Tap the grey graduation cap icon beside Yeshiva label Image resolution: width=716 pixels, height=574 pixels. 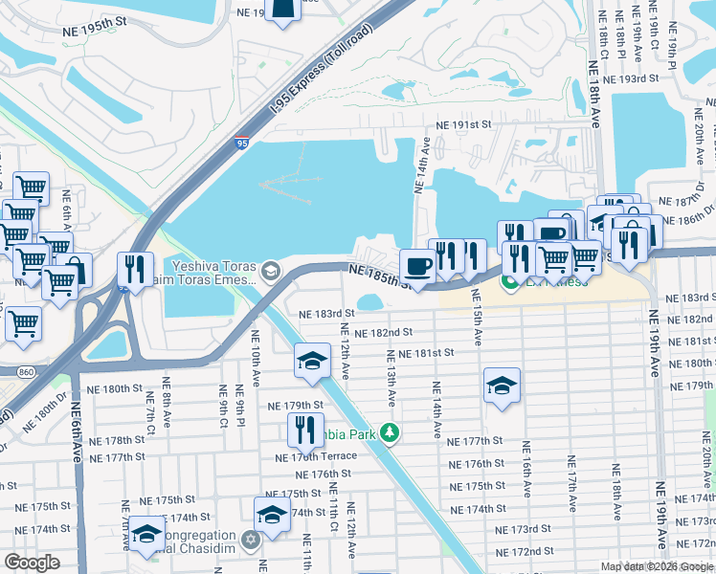click(271, 272)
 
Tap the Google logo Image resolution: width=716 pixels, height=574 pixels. click(32, 563)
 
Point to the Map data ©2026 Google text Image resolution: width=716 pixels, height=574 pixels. click(656, 566)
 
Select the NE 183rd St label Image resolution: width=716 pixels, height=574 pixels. click(326, 313)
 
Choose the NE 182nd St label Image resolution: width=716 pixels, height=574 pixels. click(382, 332)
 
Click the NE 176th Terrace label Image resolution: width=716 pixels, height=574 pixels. click(315, 457)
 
